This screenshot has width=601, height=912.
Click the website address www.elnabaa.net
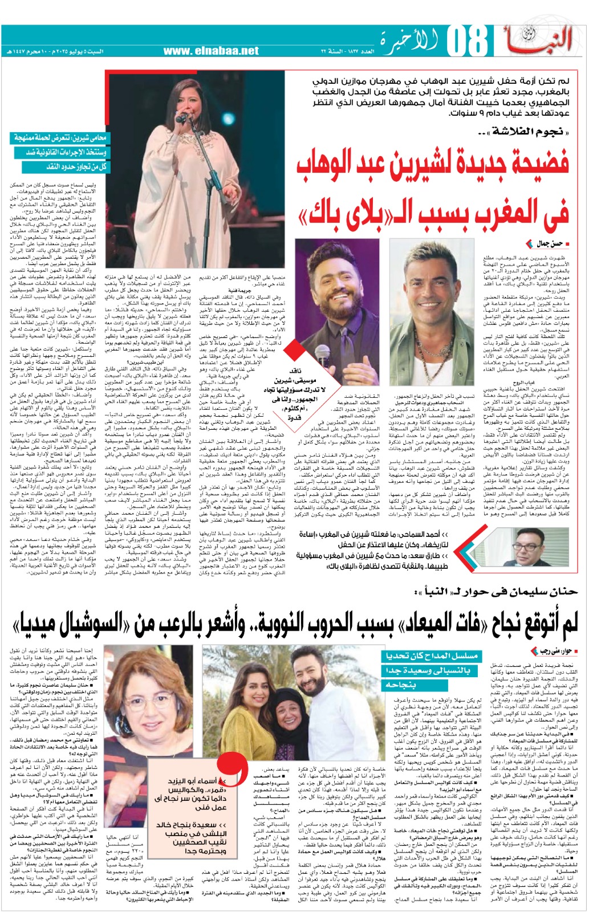pyautogui.click(x=210, y=51)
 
